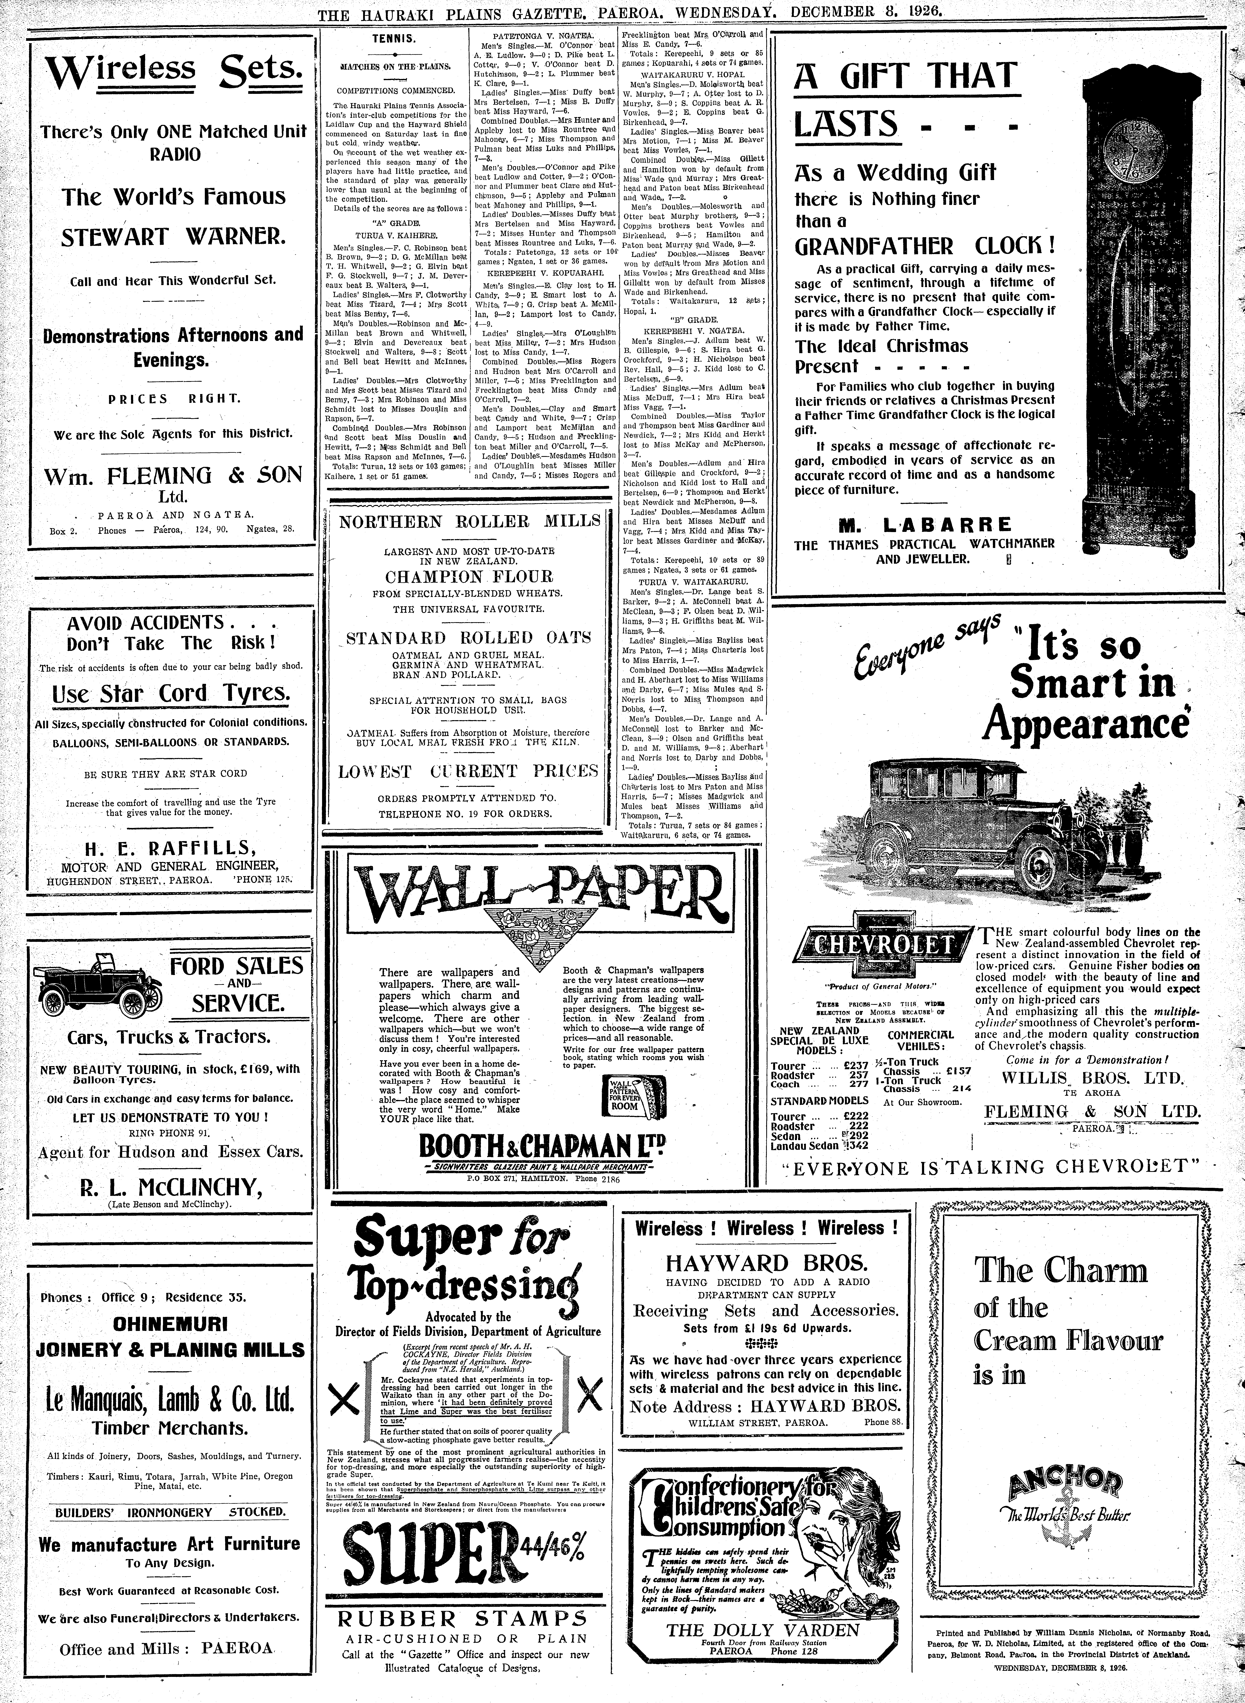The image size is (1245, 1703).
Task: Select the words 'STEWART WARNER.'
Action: pyautogui.click(x=173, y=238)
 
